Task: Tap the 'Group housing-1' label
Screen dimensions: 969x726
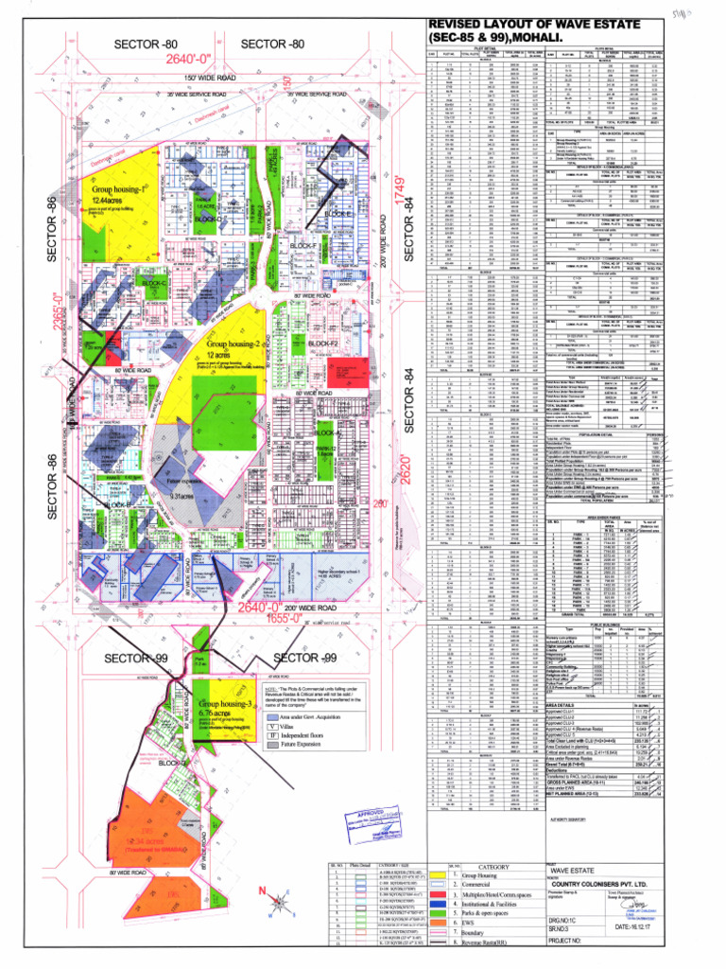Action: coord(121,188)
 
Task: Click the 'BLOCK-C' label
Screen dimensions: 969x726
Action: coord(128,282)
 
